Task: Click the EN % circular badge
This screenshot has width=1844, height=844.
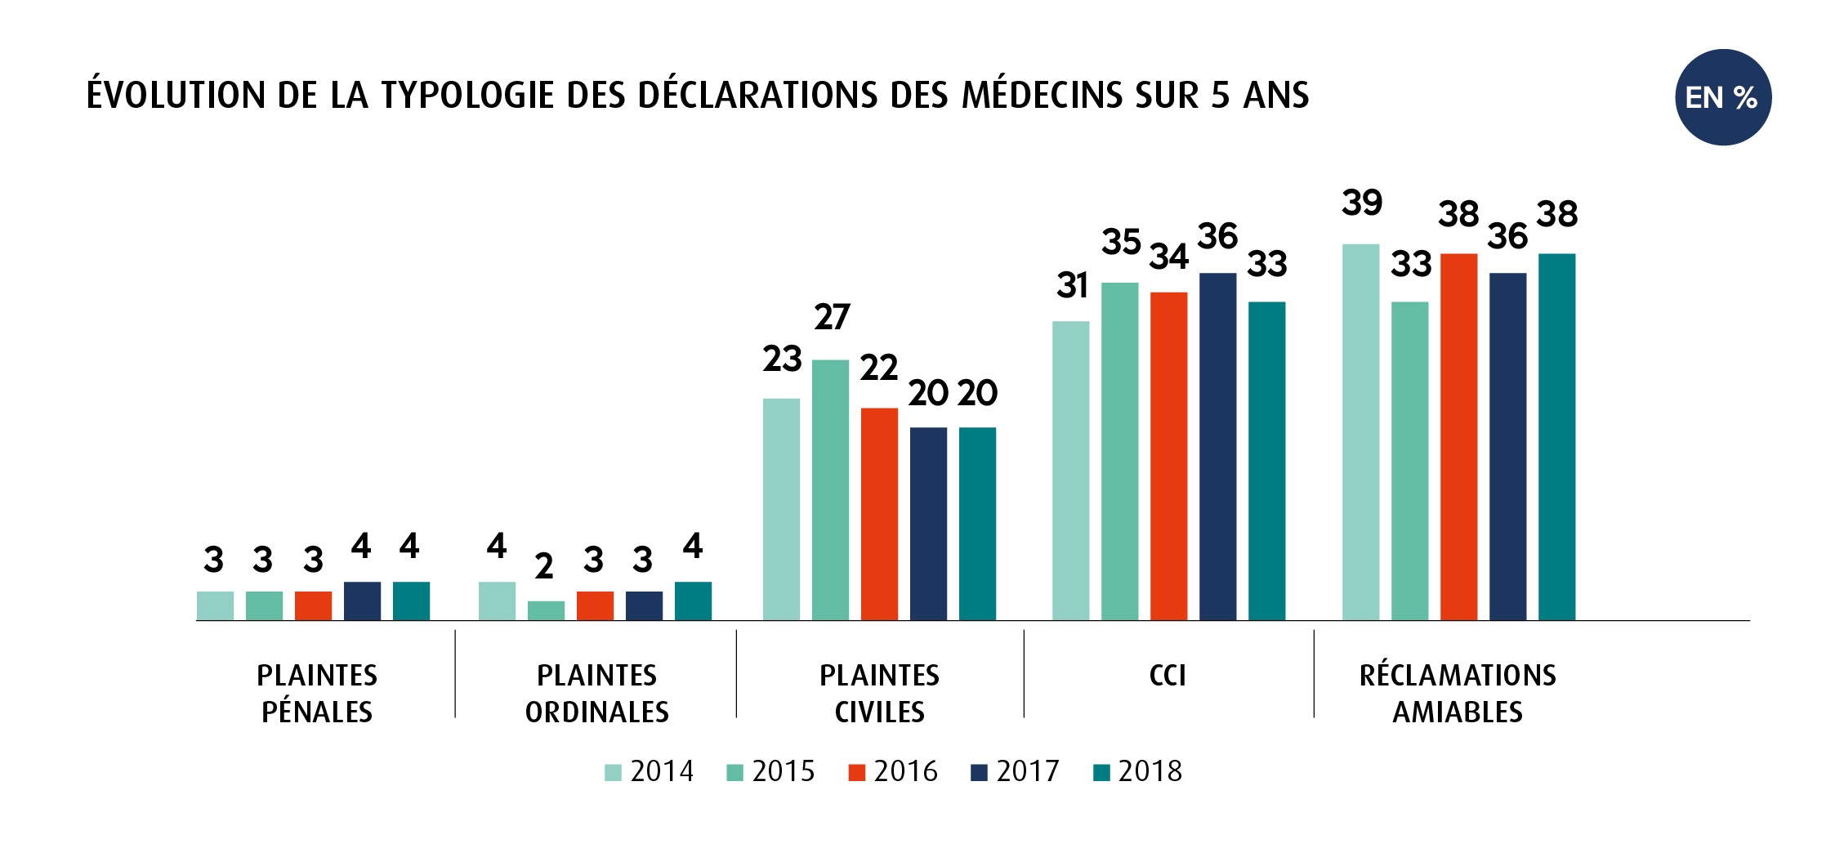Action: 1722,97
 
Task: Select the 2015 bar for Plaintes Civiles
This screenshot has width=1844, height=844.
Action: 830,489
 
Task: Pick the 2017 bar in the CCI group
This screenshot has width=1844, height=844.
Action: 1217,446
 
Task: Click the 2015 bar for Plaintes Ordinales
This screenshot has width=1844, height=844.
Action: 546,610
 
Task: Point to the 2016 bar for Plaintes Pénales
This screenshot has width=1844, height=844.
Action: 313,605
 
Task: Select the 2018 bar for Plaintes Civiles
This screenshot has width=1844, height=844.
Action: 977,523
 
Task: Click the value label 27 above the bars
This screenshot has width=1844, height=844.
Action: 832,317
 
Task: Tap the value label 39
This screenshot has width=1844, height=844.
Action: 1361,203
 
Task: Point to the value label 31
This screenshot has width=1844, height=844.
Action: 1072,286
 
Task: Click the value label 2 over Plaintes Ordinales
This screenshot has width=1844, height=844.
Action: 544,566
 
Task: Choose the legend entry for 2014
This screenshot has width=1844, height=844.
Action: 649,771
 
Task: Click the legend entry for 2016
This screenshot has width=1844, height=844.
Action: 893,771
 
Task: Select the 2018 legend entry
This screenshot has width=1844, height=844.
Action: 1137,771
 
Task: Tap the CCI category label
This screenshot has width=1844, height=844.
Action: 1168,676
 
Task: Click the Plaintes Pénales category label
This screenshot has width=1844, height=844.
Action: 317,694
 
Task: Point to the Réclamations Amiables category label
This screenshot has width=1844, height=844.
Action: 1458,694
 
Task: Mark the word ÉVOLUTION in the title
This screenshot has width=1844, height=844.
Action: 176,95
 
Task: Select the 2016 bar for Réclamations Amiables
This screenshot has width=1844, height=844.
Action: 1458,436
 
